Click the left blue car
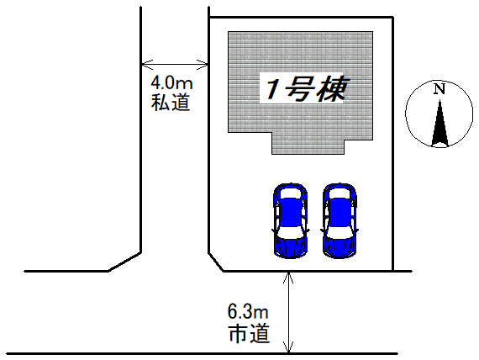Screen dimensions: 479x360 click(x=290, y=220)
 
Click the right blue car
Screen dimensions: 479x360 click(x=340, y=220)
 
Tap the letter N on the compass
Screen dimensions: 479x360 click(x=440, y=89)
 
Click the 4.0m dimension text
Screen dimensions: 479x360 click(x=171, y=82)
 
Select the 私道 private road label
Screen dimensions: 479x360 click(x=171, y=103)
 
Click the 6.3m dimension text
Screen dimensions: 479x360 click(x=248, y=312)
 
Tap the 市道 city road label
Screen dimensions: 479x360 click(x=249, y=333)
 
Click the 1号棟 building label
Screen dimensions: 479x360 click(x=303, y=88)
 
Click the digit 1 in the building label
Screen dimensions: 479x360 click(x=271, y=90)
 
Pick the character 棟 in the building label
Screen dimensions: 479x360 click(x=330, y=88)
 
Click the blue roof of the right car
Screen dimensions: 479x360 click(x=339, y=211)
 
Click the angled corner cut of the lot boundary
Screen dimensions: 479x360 click(x=216, y=262)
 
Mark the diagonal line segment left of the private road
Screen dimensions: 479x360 click(x=124, y=262)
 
